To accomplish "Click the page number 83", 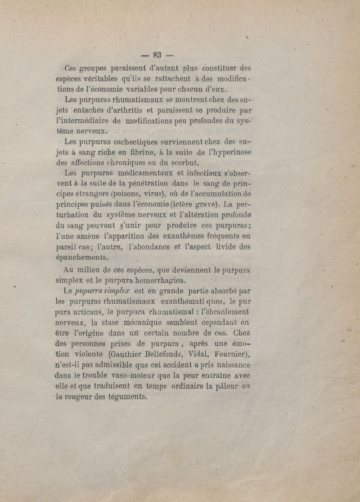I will click(x=157, y=55).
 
